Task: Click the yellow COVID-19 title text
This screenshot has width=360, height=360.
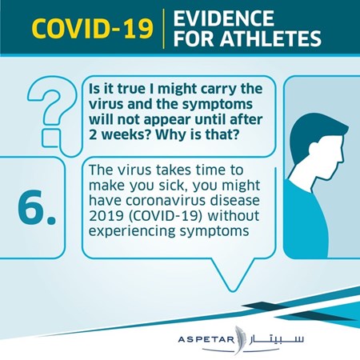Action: (x=93, y=29)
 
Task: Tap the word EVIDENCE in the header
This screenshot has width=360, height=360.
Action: (x=223, y=18)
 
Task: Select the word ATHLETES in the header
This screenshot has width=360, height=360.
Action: (x=270, y=38)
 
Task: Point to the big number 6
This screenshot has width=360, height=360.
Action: (x=37, y=207)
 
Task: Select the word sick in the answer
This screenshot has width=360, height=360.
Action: (x=174, y=185)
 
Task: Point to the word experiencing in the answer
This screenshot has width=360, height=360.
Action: (x=132, y=231)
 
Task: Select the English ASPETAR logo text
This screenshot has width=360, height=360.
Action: (x=206, y=340)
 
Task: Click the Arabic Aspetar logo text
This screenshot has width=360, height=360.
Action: (x=276, y=339)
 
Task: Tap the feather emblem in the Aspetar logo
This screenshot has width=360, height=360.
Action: (x=240, y=339)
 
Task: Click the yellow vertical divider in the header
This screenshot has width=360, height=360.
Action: (x=163, y=29)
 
